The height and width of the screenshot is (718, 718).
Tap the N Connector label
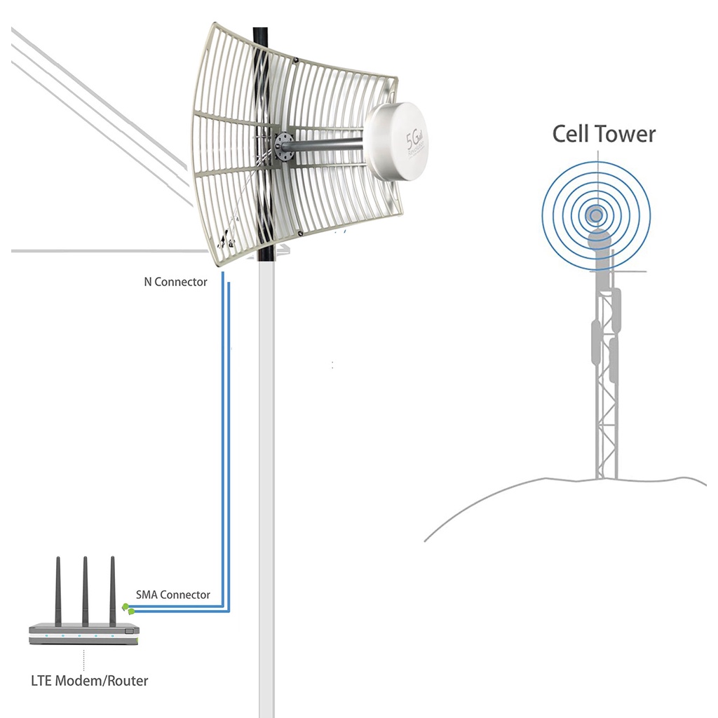click(175, 282)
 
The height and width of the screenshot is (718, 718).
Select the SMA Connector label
click(172, 595)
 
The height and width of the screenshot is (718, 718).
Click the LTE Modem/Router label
click(90, 680)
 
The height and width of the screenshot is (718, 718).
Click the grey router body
click(83, 631)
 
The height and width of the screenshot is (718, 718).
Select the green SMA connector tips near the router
click(127, 608)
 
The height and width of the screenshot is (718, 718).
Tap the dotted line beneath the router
click(84, 659)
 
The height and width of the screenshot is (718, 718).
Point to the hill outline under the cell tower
click(491, 494)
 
